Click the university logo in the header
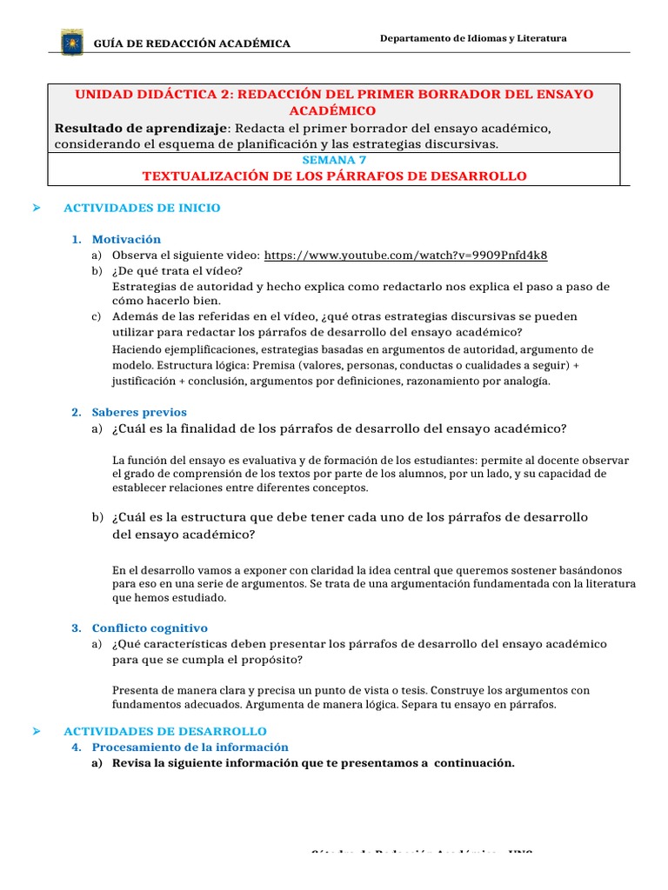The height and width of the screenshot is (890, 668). coord(71,42)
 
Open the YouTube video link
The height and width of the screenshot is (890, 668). coord(405,255)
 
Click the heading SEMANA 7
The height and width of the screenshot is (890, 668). coord(334,161)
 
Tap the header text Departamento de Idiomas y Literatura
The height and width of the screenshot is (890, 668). coord(474,38)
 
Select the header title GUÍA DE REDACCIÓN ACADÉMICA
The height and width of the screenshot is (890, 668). coord(191,43)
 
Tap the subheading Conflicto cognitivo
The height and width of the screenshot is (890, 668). coord(150,628)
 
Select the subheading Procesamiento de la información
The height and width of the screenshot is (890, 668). coord(190,747)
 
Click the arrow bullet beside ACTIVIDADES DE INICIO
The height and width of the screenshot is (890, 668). coord(37,208)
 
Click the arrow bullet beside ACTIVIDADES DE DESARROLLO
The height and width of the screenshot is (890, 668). coord(37,731)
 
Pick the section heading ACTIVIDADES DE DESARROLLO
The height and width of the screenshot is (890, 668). coord(165,731)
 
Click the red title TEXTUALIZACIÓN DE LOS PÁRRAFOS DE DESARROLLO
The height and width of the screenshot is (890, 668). coord(334,176)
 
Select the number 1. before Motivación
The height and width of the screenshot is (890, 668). coord(77,239)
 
